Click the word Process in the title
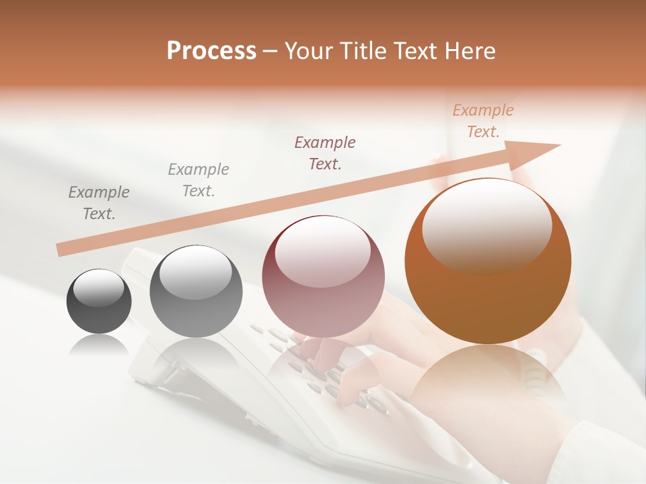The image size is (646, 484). (x=211, y=51)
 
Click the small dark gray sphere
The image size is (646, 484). (x=99, y=301)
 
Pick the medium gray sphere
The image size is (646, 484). (x=196, y=292)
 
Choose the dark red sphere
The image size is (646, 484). (x=323, y=277)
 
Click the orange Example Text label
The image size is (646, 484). (x=482, y=121)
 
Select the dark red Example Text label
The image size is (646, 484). (x=325, y=153)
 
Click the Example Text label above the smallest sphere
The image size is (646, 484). (x=99, y=202)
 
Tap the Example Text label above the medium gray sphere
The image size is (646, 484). (x=199, y=180)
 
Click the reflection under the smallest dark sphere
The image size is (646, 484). (x=99, y=345)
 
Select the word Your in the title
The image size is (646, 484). (x=307, y=51)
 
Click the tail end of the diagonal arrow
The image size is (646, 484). (x=62, y=249)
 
